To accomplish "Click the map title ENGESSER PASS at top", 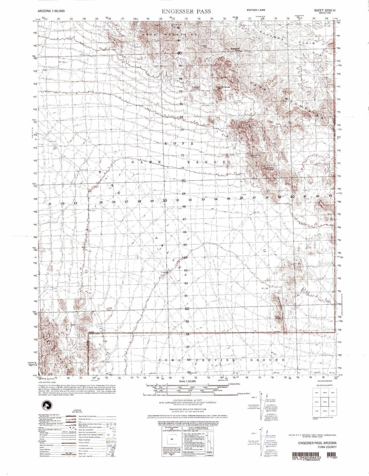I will point(186,11).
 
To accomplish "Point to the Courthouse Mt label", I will point(224,88).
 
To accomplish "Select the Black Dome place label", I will point(270,169).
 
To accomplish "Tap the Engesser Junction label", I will point(196,88).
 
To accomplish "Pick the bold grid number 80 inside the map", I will point(180,53).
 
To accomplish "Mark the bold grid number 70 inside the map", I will point(183,181).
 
